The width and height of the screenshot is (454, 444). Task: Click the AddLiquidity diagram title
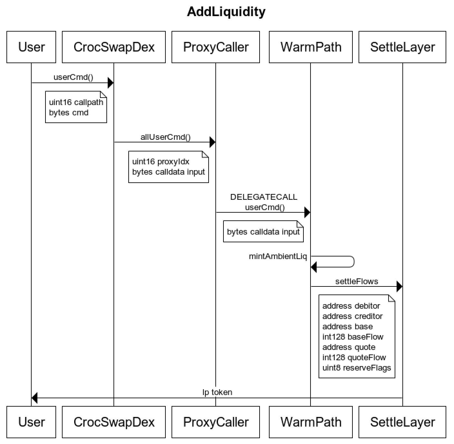226,12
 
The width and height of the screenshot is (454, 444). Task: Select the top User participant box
31,47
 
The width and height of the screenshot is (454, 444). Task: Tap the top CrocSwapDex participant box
114,47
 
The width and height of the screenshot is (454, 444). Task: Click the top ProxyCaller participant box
216,47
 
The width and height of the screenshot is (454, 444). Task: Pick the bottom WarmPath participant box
311,422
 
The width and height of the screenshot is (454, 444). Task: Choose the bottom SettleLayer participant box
402,422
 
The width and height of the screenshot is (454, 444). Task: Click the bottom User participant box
31,422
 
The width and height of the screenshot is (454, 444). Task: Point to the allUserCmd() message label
165,137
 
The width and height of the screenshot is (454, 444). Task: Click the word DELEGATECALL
264,197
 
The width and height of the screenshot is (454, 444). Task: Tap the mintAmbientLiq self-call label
278,256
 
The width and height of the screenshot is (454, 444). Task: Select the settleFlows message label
357,281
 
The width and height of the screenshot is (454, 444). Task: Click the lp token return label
217,392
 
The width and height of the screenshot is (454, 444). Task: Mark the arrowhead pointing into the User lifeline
35,398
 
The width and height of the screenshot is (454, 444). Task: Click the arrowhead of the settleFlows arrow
399,286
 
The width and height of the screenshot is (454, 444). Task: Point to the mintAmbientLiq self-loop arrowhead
314,267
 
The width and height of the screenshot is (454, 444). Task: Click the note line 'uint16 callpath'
76,102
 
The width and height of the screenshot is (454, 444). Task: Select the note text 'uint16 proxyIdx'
161,162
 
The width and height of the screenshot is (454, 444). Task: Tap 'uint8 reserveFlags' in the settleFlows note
357,368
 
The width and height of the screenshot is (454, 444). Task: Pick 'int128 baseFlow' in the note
353,337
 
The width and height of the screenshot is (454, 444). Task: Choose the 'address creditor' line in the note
352,316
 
